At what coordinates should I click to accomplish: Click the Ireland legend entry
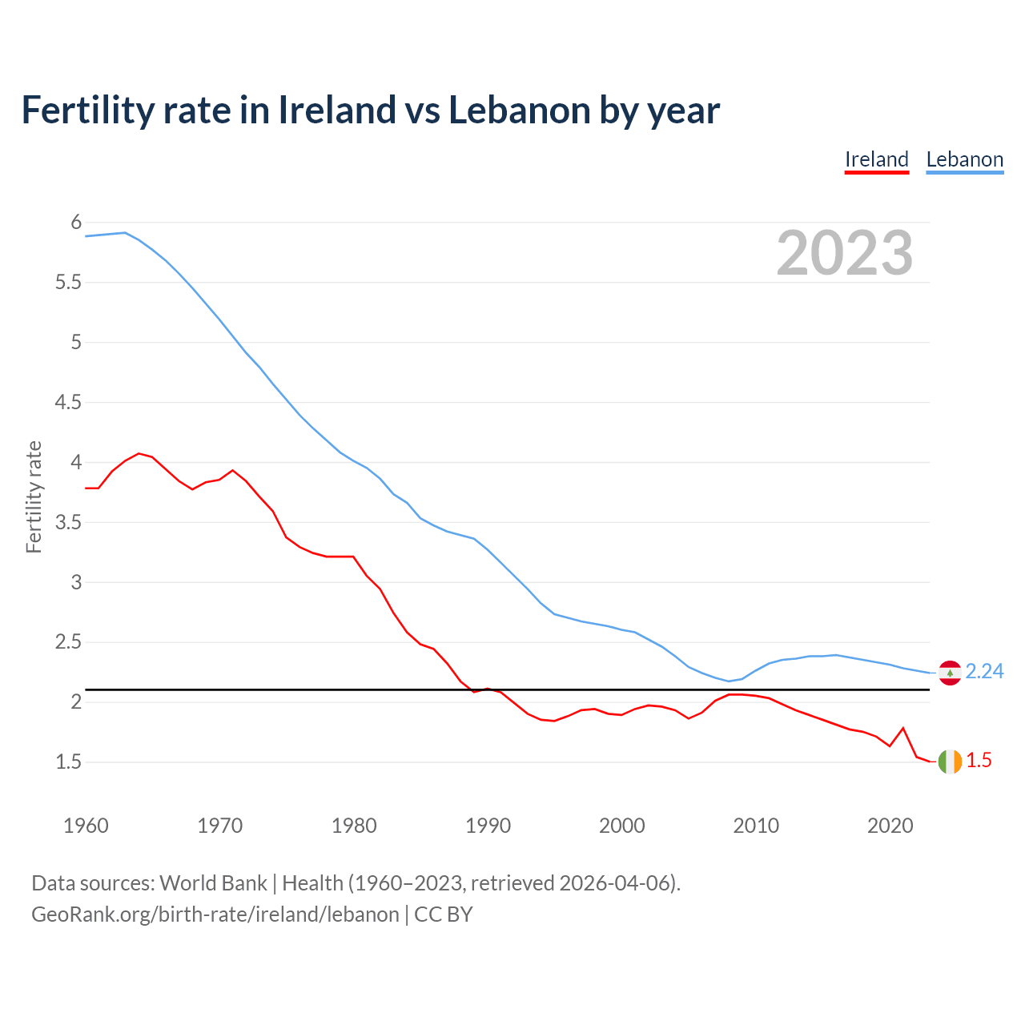click(877, 159)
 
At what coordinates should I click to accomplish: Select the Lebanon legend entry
click(964, 159)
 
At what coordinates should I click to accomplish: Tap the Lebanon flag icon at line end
click(950, 673)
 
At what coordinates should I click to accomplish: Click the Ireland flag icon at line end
click(950, 762)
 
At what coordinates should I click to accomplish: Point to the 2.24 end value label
click(984, 672)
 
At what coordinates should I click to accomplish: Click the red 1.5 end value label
click(979, 761)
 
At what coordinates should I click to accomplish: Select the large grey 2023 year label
click(845, 253)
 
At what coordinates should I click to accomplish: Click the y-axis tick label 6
click(77, 222)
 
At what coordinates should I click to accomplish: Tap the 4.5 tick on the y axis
click(69, 402)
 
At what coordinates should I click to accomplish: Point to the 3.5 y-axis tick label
click(69, 522)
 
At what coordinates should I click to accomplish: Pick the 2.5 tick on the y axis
click(69, 642)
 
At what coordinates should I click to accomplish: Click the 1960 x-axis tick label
click(86, 826)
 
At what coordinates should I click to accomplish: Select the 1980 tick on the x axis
click(354, 826)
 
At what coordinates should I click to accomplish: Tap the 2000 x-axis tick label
click(622, 826)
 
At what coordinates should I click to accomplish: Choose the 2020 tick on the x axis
click(890, 826)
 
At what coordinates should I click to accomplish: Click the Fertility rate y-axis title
click(34, 496)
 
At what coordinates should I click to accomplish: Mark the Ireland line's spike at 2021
click(903, 728)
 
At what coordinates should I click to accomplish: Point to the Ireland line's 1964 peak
click(139, 453)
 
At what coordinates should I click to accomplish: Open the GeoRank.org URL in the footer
click(215, 914)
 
